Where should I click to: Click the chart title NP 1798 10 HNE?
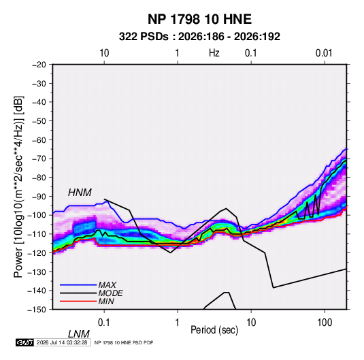pyautogui.click(x=199, y=19)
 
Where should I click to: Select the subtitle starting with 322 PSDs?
pyautogui.click(x=199, y=37)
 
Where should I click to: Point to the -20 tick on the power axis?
pyautogui.click(x=39, y=65)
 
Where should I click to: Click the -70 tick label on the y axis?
pyautogui.click(x=39, y=159)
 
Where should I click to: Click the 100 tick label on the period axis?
pyautogui.click(x=325, y=323)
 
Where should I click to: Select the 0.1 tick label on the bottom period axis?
pyautogui.click(x=104, y=323)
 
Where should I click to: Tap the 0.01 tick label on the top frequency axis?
pyautogui.click(x=324, y=53)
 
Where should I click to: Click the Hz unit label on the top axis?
pyautogui.click(x=214, y=53)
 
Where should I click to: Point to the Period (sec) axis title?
pyautogui.click(x=214, y=330)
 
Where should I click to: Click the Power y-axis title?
pyautogui.click(x=18, y=186)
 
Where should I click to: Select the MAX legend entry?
pyautogui.click(x=107, y=285)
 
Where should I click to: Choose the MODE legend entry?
pyautogui.click(x=110, y=293)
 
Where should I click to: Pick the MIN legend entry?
pyautogui.click(x=106, y=301)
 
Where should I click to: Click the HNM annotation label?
pyautogui.click(x=80, y=193)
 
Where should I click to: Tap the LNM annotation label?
pyautogui.click(x=79, y=334)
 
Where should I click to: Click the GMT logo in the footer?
pyautogui.click(x=25, y=342)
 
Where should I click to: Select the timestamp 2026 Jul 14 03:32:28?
pyautogui.click(x=62, y=342)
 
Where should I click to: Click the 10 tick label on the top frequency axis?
pyautogui.click(x=104, y=53)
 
